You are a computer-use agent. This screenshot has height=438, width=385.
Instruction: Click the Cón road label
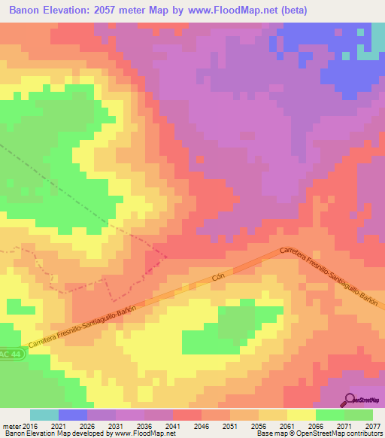[x=219, y=278]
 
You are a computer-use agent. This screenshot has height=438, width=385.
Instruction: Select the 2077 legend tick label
[x=373, y=425]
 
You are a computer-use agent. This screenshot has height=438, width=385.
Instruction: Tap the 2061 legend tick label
[x=287, y=425]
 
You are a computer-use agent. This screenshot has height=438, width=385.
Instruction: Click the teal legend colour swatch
[x=44, y=415]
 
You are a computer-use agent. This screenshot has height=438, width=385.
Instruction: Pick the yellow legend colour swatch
[x=302, y=415]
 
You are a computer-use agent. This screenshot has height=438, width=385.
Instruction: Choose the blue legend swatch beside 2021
[x=73, y=415]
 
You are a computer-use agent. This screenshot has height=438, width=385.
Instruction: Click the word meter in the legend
[x=11, y=425]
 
